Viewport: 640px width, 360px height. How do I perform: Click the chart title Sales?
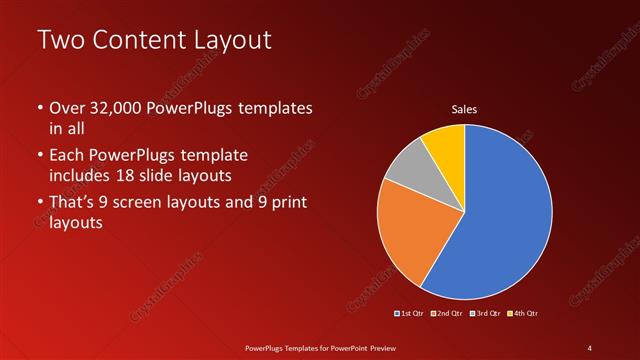464,109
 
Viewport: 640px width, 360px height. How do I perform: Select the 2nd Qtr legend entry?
448,314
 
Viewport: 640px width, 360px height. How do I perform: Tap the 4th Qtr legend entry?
524,314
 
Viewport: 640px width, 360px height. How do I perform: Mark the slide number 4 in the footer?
589,346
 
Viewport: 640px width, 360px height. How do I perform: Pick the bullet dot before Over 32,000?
40,108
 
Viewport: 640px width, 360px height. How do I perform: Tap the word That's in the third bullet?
73,204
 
